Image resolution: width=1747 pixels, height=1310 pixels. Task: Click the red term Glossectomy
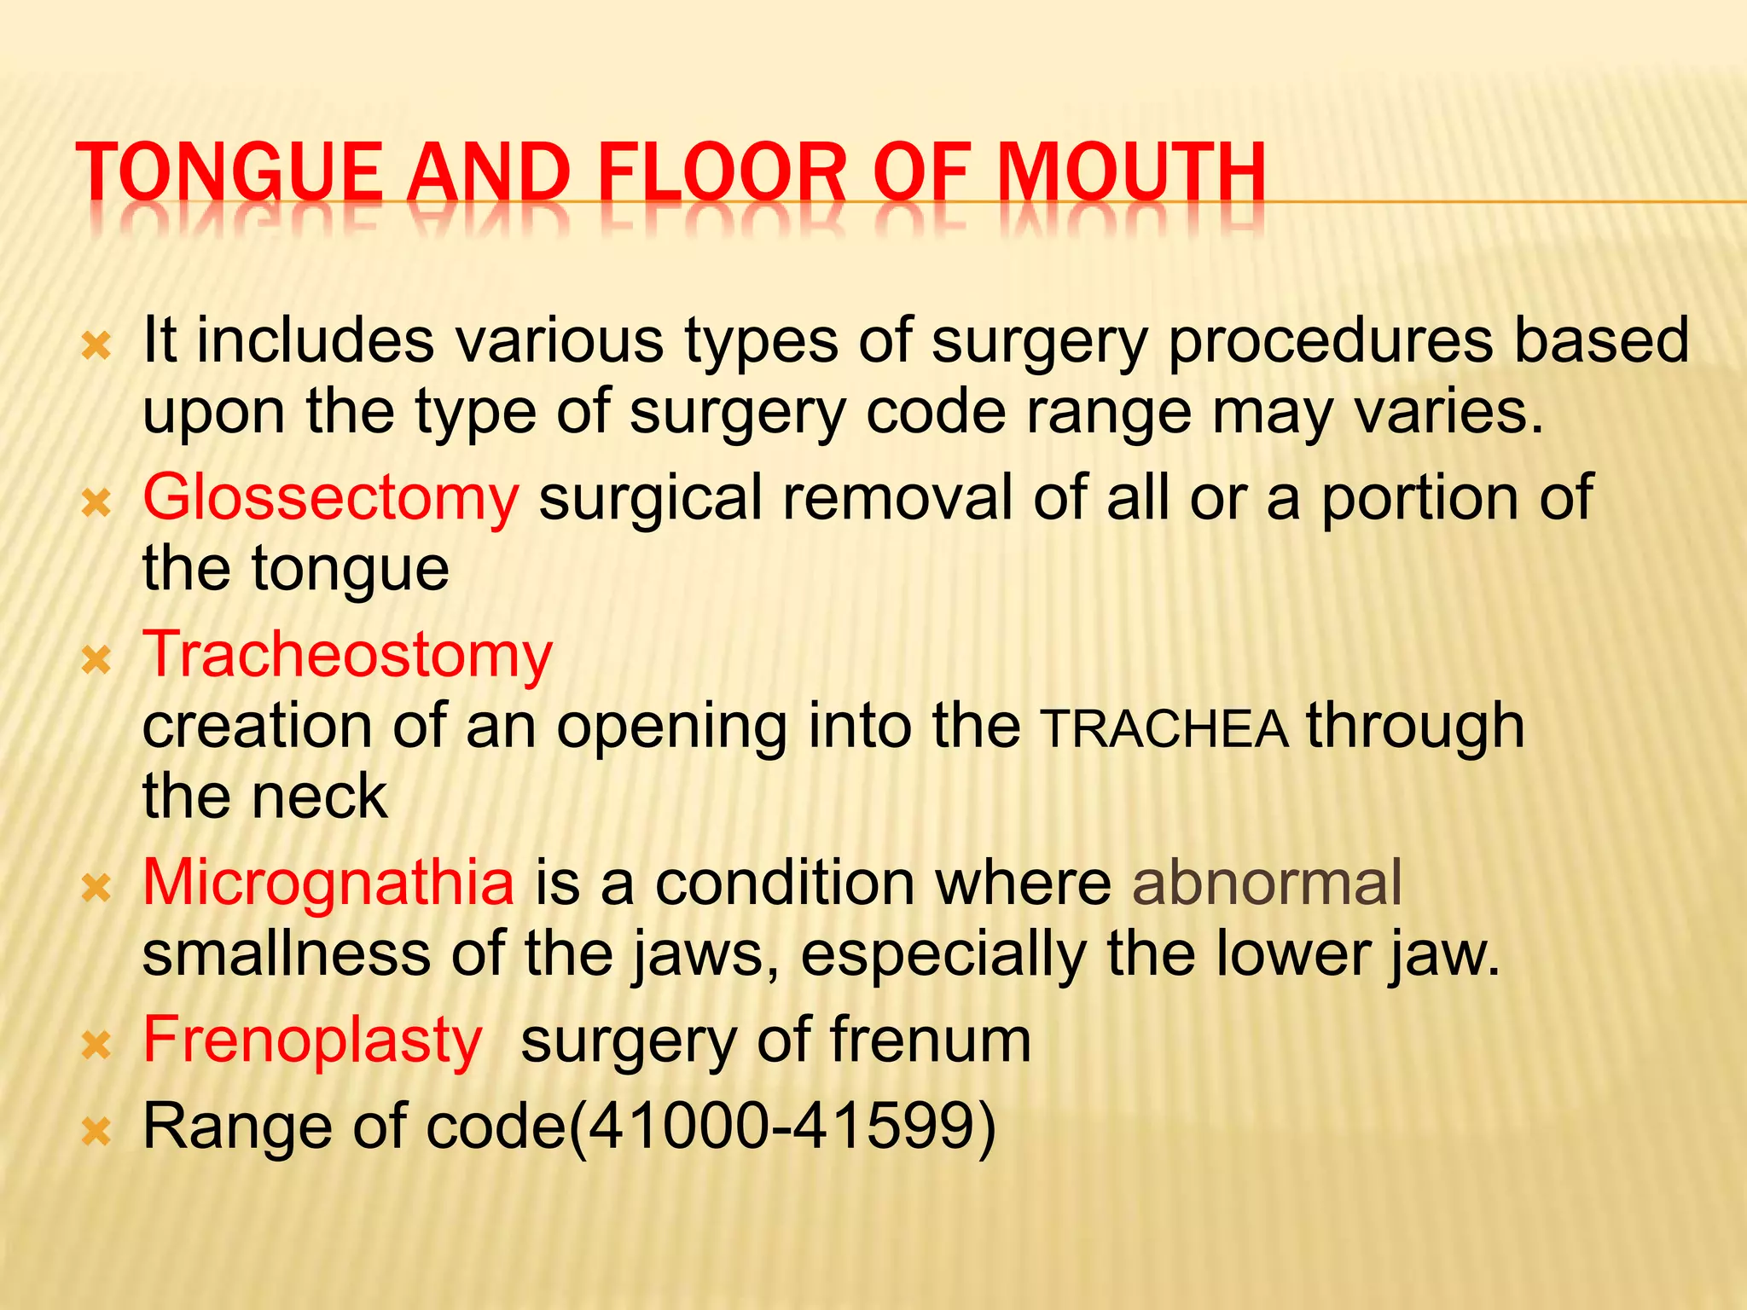(330, 498)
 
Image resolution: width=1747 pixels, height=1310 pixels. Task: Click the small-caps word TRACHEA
(1165, 730)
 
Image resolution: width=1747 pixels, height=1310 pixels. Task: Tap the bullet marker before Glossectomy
(96, 503)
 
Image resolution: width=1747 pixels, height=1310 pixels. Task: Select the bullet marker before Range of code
(96, 1132)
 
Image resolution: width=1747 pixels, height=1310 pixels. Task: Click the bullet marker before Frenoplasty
(96, 1046)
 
